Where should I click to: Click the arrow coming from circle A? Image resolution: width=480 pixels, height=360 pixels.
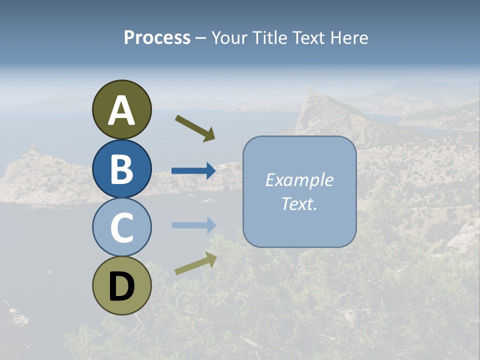[195, 127]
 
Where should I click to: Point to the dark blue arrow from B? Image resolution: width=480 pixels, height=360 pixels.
[193, 171]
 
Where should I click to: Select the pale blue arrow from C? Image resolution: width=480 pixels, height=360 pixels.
[193, 225]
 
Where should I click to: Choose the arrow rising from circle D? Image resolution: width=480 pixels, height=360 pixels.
[195, 263]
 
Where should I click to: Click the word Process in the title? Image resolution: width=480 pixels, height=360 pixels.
[157, 37]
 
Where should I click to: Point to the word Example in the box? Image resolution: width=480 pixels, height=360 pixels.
[299, 180]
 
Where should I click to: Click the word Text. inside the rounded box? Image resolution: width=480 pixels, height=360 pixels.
[299, 203]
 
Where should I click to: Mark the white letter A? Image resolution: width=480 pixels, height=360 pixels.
[121, 111]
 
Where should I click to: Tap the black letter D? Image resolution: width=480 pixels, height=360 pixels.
[121, 287]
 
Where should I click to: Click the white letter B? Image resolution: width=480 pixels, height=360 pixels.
[121, 169]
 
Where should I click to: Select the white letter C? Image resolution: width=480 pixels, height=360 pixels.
[121, 228]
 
